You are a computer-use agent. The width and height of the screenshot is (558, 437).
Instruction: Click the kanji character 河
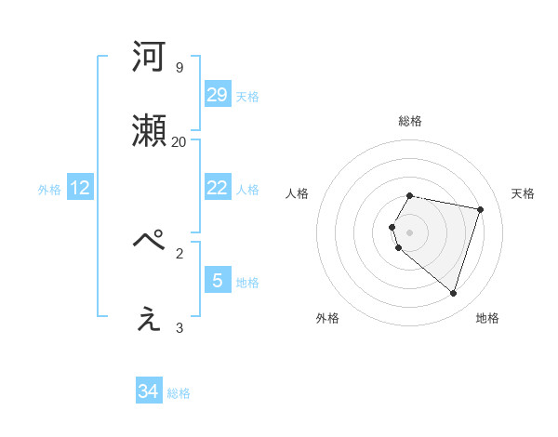tap(150, 57)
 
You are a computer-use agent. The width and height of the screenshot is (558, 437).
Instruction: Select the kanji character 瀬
tap(150, 130)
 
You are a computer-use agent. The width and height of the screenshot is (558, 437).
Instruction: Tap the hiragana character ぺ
tap(150, 242)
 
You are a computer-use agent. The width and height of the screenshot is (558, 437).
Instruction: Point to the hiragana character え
tap(150, 318)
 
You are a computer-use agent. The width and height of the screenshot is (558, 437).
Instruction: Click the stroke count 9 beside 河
tap(179, 67)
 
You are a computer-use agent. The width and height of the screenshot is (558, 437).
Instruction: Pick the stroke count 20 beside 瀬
tap(179, 141)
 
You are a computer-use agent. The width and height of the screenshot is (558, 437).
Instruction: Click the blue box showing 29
tap(217, 94)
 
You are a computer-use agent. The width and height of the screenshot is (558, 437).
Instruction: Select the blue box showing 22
tap(217, 188)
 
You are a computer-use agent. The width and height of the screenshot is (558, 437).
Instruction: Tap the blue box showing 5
tap(217, 280)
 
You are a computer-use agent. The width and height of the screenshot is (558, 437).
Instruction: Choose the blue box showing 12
tap(80, 188)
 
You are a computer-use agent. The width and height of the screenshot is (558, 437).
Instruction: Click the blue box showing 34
tap(149, 391)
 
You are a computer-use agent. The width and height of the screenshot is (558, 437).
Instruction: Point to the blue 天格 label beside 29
tap(247, 97)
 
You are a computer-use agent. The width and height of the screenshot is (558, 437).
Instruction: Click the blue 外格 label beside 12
tap(49, 190)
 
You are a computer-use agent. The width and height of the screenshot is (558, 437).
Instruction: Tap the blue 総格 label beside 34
tap(179, 393)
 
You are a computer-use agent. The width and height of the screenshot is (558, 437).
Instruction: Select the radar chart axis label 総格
tap(410, 121)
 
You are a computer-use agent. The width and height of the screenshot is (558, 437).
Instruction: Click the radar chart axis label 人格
tap(298, 193)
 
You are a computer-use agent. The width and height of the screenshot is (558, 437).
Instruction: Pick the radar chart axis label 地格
tap(487, 318)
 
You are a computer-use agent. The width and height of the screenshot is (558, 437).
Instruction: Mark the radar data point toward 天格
tap(480, 209)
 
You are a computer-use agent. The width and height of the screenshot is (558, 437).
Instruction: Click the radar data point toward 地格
tap(454, 294)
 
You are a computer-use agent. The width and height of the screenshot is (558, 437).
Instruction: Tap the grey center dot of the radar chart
tap(410, 232)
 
